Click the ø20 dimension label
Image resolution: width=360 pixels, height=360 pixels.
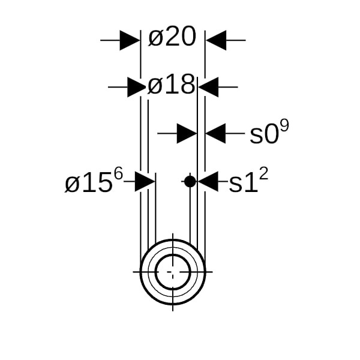click(x=172, y=37)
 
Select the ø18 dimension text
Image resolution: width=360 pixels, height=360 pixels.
click(x=171, y=84)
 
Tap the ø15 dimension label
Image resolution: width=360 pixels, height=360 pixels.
click(x=89, y=184)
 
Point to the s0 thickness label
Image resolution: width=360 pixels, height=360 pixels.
click(x=264, y=135)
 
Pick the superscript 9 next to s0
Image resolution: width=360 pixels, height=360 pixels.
click(x=284, y=125)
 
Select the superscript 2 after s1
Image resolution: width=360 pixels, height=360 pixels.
click(x=263, y=174)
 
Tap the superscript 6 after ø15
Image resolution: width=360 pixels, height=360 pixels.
click(x=118, y=174)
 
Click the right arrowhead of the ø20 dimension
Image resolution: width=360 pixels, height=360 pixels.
click(x=216, y=40)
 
